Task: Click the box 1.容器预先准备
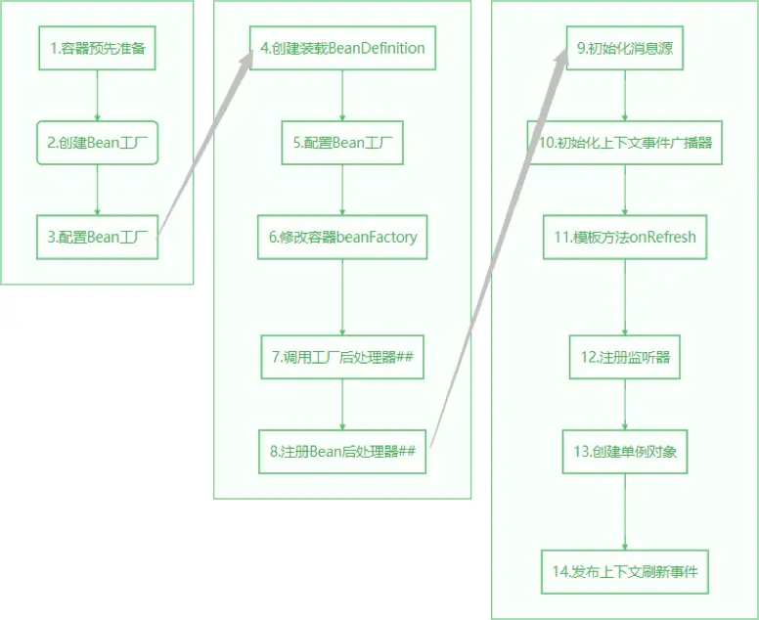(97, 48)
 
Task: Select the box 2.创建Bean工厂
(97, 143)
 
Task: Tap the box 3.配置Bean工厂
(97, 237)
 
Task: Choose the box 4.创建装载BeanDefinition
(341, 48)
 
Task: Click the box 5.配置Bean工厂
(341, 143)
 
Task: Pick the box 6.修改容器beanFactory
(341, 237)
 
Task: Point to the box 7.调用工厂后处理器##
(341, 357)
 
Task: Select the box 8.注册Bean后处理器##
(341, 451)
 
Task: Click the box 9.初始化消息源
(625, 48)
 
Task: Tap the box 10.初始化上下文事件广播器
(625, 143)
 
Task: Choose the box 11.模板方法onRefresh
(625, 237)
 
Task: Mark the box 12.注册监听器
(625, 357)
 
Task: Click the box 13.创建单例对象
(625, 451)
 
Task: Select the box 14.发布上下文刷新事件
(625, 571)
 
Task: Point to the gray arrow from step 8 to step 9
(499, 244)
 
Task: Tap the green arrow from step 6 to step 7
(341, 297)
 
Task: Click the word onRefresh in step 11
(661, 237)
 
